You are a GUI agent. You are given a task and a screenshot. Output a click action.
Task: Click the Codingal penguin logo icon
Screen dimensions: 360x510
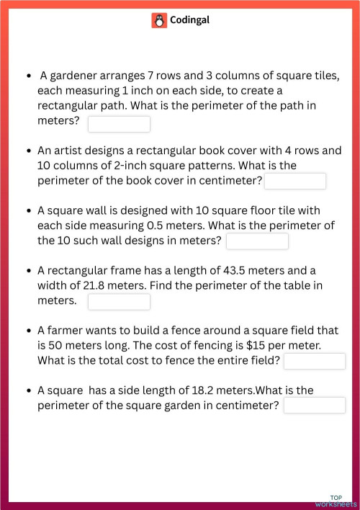click(x=159, y=20)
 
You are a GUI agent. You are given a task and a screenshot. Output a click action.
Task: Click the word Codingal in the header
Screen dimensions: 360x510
click(x=190, y=20)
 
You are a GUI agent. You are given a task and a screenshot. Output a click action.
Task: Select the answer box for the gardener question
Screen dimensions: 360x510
click(x=119, y=124)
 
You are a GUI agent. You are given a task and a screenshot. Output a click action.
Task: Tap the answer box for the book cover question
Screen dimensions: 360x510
click(x=295, y=181)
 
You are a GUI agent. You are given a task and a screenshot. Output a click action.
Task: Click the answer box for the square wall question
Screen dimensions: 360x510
click(x=257, y=241)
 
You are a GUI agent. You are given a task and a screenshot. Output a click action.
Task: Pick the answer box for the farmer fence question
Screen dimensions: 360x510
click(x=315, y=361)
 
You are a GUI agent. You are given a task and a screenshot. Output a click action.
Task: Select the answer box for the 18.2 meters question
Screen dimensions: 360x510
click(x=315, y=406)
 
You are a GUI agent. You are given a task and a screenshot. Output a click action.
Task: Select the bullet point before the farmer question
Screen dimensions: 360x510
click(x=27, y=331)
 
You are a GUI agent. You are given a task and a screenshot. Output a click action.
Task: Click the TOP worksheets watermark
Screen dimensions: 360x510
click(x=336, y=501)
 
